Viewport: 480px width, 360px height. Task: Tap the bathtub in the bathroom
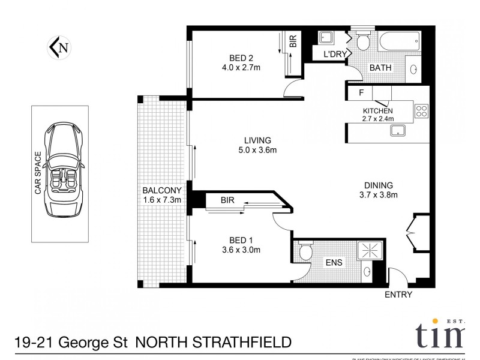pos(399,41)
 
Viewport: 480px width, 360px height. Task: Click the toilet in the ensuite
pos(305,251)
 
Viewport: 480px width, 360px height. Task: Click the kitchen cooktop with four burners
pos(421,110)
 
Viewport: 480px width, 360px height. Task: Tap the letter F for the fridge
pos(361,93)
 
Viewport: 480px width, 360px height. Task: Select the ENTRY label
pos(398,295)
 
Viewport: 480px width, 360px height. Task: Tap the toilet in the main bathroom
pos(363,41)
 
